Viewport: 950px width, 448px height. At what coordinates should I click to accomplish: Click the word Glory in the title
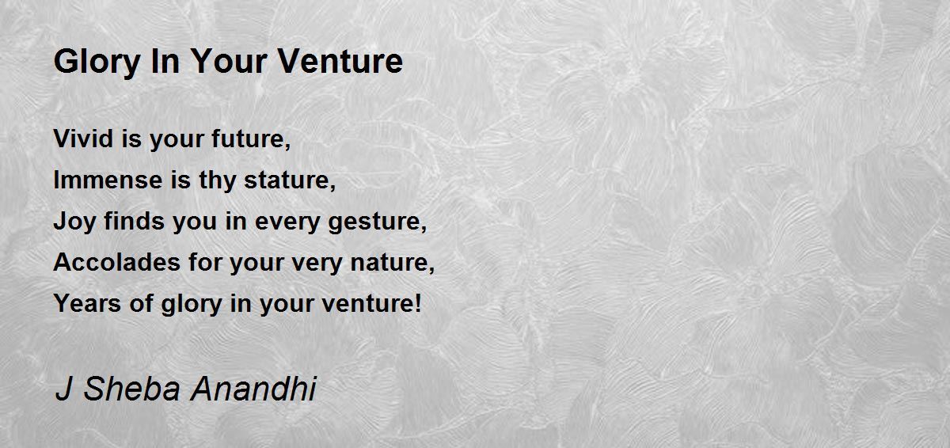tap(97, 63)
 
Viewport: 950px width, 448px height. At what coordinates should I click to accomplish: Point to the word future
tap(251, 139)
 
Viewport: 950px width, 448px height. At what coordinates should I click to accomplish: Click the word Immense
tap(108, 180)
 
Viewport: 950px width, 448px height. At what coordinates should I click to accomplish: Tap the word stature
tap(290, 180)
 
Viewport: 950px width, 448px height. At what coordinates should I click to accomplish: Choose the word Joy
tap(74, 222)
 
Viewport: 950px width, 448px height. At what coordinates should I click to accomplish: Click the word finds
tap(134, 222)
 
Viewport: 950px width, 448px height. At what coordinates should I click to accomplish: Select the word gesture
tap(377, 222)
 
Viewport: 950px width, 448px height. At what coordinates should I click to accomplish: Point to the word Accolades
tap(117, 262)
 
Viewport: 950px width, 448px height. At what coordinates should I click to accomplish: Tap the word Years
tap(87, 303)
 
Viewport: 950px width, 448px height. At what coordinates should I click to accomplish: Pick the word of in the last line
tap(141, 303)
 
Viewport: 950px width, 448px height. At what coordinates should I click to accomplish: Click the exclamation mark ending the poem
tap(419, 303)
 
